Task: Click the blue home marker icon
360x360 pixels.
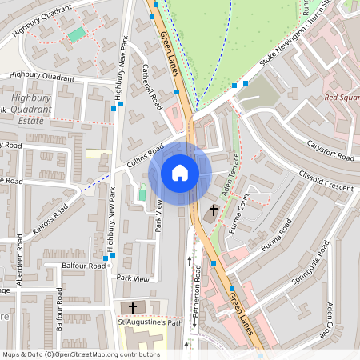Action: click(180, 172)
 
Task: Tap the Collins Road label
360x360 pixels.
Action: click(145, 156)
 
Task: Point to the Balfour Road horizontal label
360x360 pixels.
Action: click(86, 265)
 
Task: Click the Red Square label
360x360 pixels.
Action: click(342, 98)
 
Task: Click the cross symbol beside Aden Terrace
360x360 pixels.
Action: click(211, 213)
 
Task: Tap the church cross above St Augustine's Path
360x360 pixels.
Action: click(133, 307)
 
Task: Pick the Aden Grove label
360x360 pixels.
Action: click(329, 318)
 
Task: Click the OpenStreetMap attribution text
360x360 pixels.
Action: click(80, 354)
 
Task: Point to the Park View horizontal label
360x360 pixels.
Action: click(132, 278)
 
